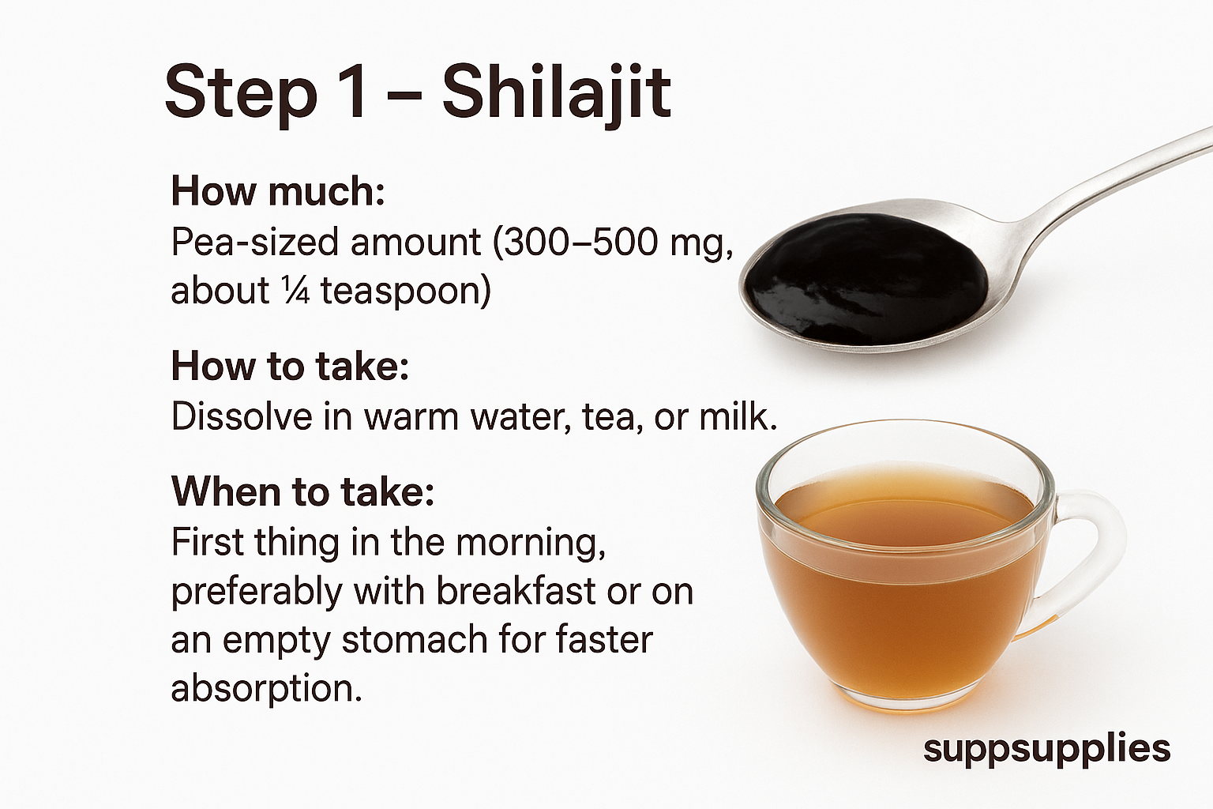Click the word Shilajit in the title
pyautogui.click(x=557, y=93)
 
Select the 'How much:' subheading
pyautogui.click(x=278, y=191)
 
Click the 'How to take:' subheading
pyautogui.click(x=290, y=367)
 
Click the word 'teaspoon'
pyautogui.click(x=406, y=291)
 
